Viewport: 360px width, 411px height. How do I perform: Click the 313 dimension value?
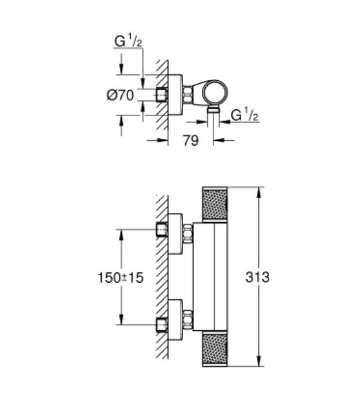tap(259, 277)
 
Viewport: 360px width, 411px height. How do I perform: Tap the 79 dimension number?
tap(190, 141)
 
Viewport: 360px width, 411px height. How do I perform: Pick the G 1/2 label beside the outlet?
tap(246, 116)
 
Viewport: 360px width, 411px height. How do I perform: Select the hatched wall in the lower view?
tap(162, 278)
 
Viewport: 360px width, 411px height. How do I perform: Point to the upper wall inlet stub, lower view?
tap(162, 230)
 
